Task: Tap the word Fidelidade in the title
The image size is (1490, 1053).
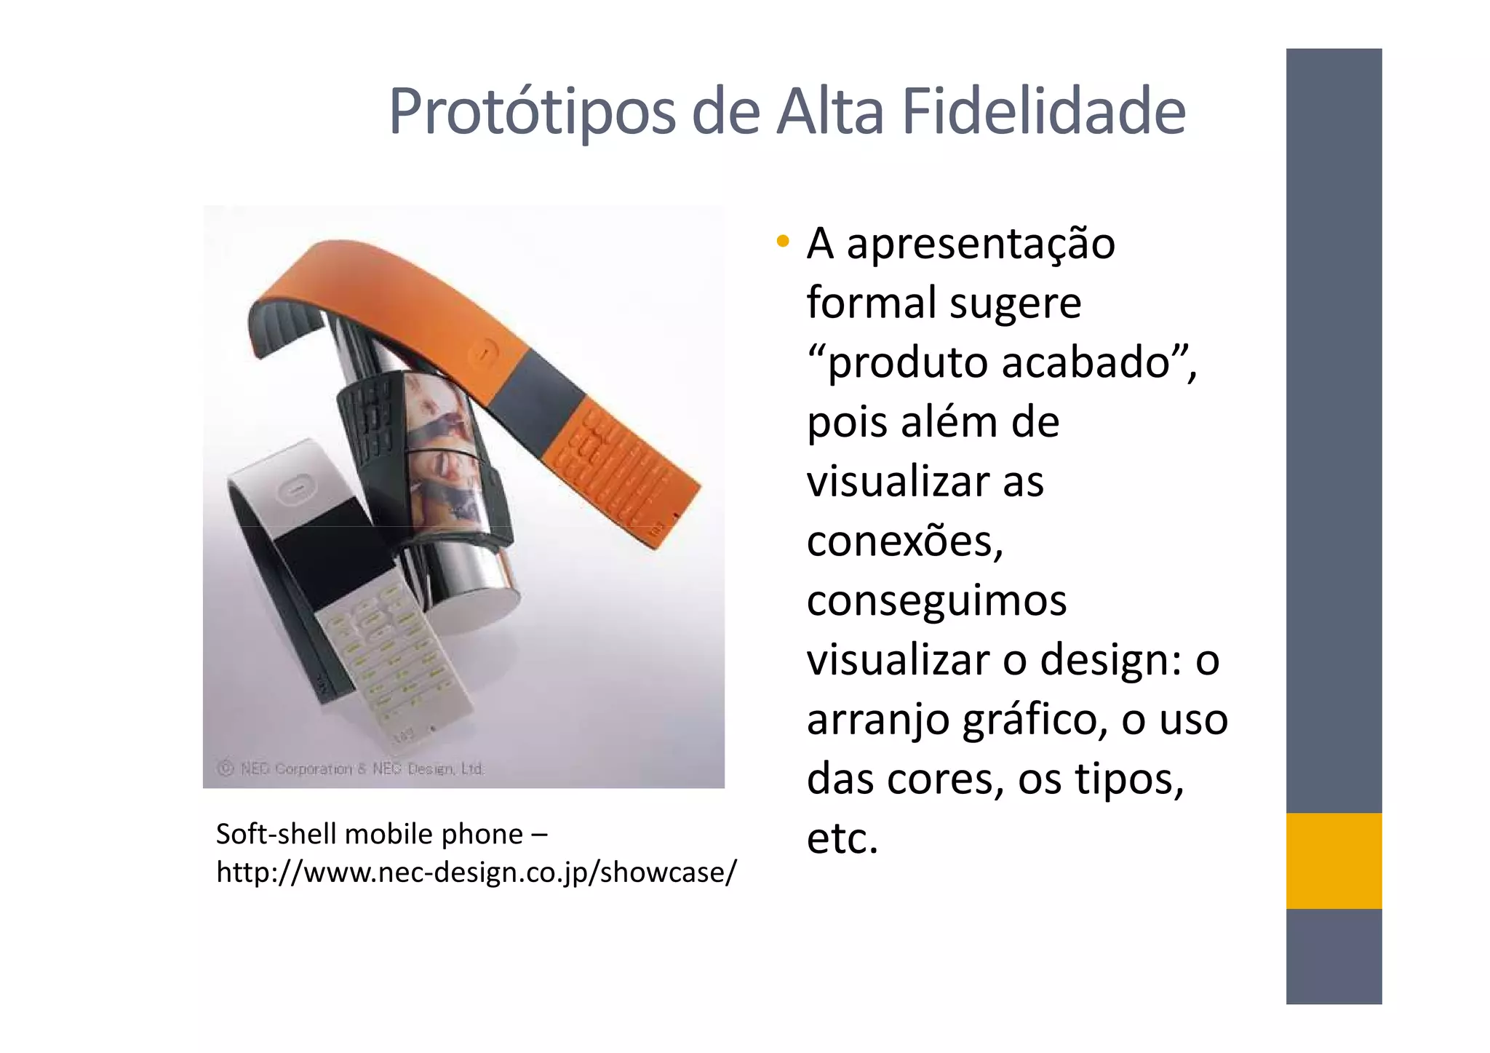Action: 1043,111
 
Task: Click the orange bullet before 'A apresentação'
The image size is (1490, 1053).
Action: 782,241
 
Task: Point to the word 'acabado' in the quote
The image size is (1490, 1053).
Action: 1085,362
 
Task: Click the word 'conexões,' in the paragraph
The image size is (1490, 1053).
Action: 905,541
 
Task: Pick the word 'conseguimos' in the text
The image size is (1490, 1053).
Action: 936,601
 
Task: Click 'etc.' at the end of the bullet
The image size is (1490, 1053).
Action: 842,838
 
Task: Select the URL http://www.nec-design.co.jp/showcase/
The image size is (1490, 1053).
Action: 477,872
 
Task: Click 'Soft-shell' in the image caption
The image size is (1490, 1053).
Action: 276,834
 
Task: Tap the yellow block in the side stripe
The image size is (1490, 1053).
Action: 1333,860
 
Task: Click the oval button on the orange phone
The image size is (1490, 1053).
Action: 482,354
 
